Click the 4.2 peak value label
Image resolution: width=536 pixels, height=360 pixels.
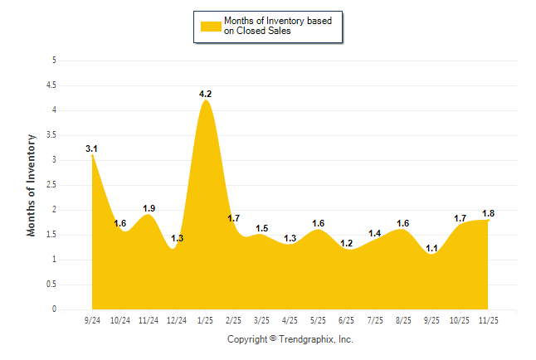[206, 94]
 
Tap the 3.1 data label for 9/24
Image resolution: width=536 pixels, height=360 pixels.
[92, 148]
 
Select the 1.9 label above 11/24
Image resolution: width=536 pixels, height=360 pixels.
[149, 208]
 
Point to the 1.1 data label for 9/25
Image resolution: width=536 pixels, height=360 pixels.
[432, 248]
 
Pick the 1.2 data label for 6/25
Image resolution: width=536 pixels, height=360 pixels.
[347, 243]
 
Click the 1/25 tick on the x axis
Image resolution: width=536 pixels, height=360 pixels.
[206, 319]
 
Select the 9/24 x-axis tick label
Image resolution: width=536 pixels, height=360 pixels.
[92, 319]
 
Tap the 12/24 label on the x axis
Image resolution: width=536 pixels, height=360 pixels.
[177, 319]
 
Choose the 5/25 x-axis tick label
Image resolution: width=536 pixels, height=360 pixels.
[319, 319]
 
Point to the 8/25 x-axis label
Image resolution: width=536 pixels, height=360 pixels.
[404, 319]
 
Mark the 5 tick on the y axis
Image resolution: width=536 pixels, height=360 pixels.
[54, 61]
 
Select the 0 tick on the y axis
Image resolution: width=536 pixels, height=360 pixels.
[54, 309]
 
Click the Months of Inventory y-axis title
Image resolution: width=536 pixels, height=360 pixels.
[32, 185]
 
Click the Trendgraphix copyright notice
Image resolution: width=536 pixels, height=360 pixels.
[290, 339]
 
